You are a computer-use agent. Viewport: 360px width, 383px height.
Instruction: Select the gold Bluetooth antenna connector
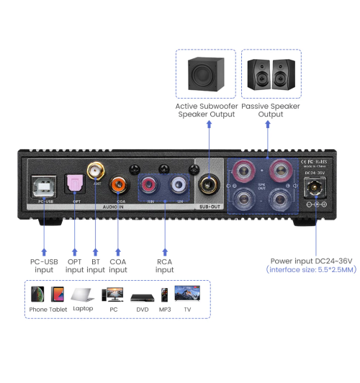pyautogui.click(x=94, y=171)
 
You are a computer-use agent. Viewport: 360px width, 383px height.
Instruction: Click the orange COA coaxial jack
pyautogui.click(x=118, y=186)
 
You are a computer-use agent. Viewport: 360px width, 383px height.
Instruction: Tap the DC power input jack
pyautogui.click(x=314, y=189)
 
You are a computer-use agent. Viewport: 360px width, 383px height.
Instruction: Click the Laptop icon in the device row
pyautogui.click(x=83, y=294)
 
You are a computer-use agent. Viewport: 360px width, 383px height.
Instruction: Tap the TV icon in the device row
pyautogui.click(x=189, y=294)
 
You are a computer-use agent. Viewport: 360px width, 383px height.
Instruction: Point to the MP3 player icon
pyautogui.click(x=165, y=294)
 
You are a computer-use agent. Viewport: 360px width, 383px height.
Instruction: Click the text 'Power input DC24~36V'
pyautogui.click(x=310, y=260)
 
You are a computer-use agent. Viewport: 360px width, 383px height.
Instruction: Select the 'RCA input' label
pyautogui.click(x=164, y=265)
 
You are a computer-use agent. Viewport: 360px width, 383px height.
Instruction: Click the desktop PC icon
pyautogui.click(x=112, y=294)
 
